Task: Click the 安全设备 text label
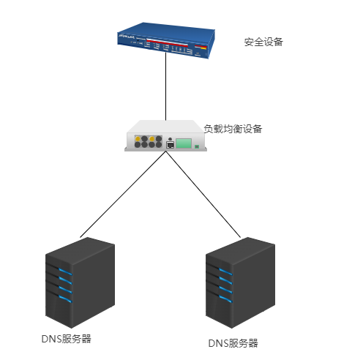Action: (263, 42)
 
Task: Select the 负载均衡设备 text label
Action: (233, 129)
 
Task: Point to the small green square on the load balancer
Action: (196, 146)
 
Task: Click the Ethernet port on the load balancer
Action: (170, 145)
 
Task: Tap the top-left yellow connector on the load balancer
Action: (137, 137)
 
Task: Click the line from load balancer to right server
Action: (206, 194)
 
